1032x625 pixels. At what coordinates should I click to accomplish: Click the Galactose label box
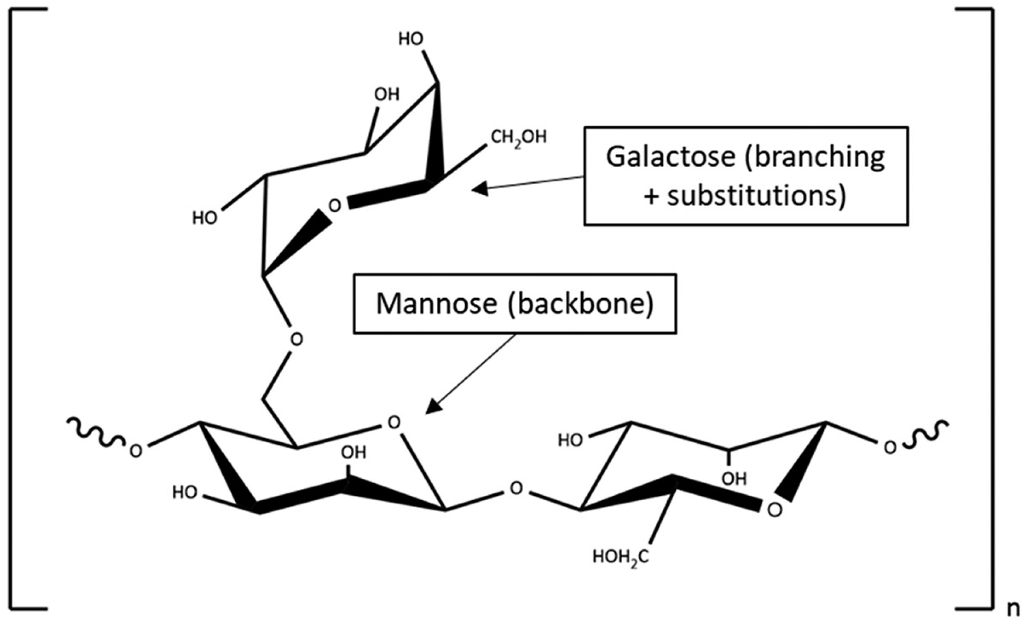745,176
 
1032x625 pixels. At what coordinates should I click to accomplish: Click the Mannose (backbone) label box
515,303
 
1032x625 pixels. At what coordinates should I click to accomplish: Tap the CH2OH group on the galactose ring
518,138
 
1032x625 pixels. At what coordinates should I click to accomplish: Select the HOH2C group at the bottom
620,558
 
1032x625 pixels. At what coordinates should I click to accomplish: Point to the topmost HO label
411,39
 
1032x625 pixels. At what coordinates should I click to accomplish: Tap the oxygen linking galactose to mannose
296,339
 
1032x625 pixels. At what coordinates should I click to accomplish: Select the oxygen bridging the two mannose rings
516,488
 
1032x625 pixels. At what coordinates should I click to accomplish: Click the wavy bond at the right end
928,433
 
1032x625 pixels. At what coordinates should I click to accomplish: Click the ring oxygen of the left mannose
393,423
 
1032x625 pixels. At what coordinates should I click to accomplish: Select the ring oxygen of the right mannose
775,510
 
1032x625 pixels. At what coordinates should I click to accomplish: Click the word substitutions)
756,196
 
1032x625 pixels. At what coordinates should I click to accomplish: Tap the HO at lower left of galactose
205,218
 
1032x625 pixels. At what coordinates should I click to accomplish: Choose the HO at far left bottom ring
184,493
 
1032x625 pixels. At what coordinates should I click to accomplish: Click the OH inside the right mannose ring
734,479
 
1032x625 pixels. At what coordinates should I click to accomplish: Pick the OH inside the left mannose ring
354,453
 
